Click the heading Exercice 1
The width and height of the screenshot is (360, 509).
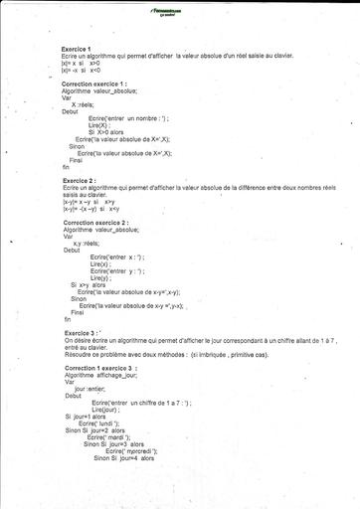pos(76,49)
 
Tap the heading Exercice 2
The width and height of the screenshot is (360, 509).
pos(77,180)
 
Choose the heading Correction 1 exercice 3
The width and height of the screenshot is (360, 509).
pos(98,368)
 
